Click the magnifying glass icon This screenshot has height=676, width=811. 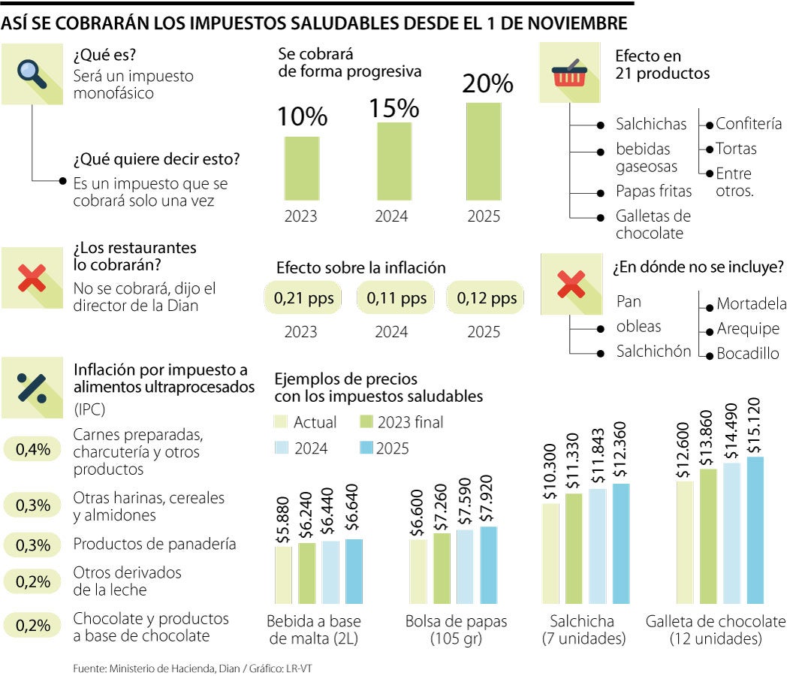32,73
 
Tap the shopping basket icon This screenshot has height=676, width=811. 570,73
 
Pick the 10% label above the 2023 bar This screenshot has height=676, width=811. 302,116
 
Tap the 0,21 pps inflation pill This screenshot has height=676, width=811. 297,298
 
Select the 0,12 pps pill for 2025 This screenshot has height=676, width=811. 484,298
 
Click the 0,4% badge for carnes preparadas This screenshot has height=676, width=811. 33,450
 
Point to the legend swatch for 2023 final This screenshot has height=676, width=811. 367,422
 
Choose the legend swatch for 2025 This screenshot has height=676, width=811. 367,448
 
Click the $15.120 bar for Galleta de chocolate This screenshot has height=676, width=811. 754,530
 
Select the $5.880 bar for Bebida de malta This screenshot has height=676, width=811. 283,575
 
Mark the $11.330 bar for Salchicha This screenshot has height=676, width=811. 574,548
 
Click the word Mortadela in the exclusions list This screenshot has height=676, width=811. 751,303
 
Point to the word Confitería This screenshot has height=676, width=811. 748,124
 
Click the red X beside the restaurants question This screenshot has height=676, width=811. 32,278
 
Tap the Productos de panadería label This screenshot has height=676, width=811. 154,544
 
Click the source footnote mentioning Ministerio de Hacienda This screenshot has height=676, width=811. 191,666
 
